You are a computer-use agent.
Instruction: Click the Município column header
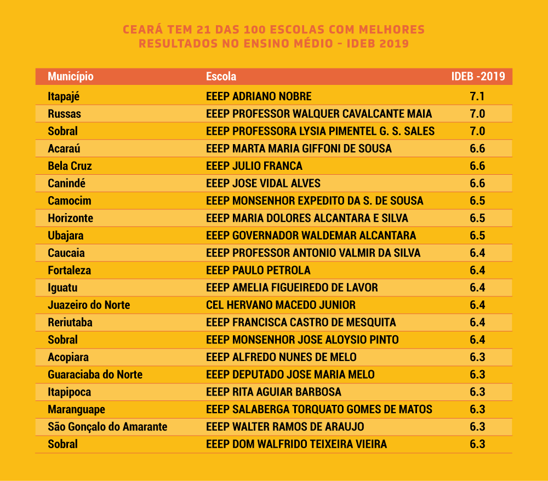point(71,77)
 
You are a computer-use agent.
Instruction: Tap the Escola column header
point(221,76)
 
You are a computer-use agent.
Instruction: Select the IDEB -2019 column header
point(478,76)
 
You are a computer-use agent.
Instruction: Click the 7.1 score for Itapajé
point(477,96)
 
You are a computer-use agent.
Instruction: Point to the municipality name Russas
point(64,114)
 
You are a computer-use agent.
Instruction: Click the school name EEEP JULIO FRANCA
point(254,166)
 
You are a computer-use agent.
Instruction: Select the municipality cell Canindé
point(66,184)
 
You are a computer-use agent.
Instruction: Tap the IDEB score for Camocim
point(477,201)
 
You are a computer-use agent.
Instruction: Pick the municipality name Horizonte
point(71,219)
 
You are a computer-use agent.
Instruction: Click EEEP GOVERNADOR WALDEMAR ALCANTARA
point(311,236)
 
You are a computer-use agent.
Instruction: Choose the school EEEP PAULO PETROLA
point(258,271)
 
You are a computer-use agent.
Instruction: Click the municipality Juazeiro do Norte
point(89,305)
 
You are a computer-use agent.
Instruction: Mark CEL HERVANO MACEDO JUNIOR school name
point(281,305)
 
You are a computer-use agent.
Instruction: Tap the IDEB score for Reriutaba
point(477,323)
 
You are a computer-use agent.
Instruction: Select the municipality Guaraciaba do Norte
point(95,375)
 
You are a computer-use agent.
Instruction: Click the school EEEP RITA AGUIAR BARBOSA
point(273,392)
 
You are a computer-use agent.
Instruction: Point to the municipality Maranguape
point(76,410)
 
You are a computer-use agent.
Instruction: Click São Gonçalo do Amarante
point(107,427)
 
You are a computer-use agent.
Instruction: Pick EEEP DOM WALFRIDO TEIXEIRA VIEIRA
point(296,444)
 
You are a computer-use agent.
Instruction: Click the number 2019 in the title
point(394,44)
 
